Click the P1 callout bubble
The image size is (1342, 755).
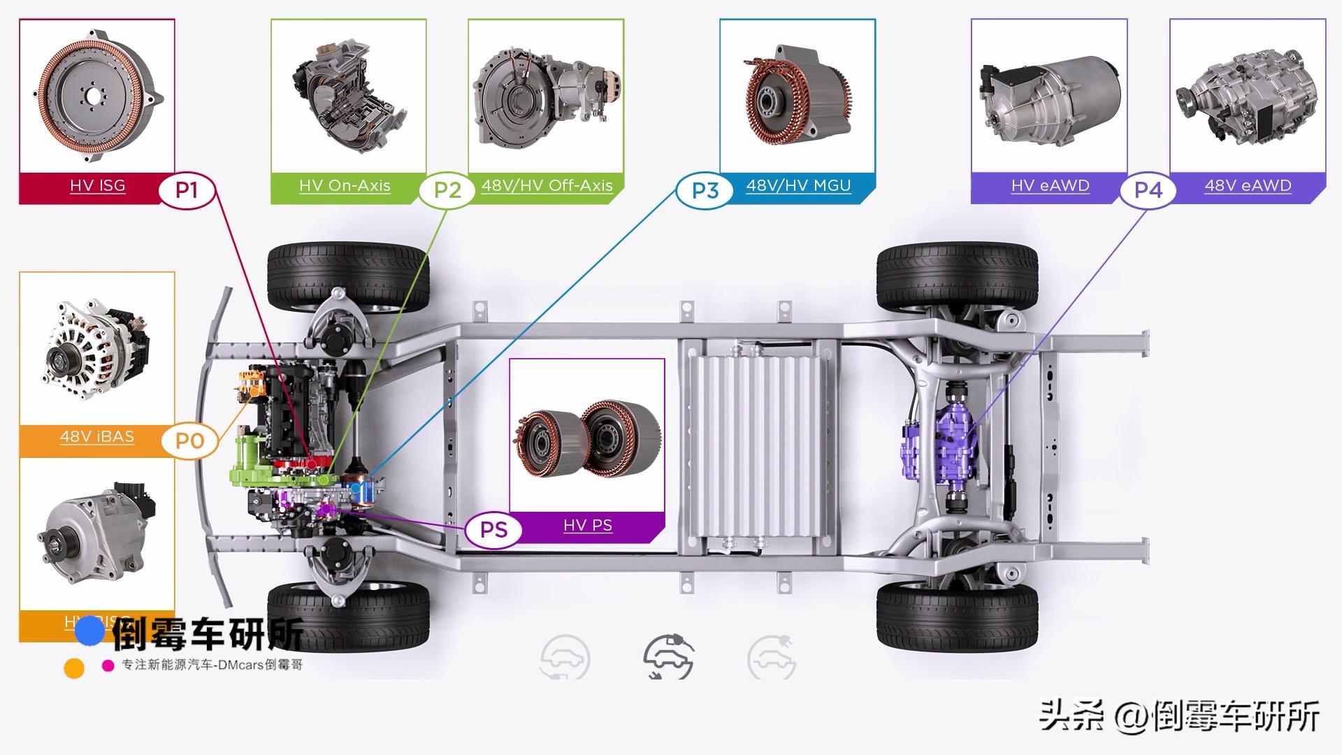click(x=187, y=190)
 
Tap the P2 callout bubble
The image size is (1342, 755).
click(x=447, y=190)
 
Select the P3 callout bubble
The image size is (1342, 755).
click(x=705, y=190)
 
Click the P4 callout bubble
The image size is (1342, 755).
click(x=1148, y=190)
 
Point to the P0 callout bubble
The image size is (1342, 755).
click(x=189, y=441)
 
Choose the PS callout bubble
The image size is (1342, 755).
click(x=493, y=530)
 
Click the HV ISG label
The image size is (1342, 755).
click(x=97, y=186)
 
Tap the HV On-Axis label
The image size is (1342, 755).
click(x=345, y=186)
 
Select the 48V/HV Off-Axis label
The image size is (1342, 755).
click(x=547, y=186)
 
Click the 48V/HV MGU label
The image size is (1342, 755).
click(x=798, y=186)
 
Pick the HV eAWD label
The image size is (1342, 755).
click(x=1050, y=186)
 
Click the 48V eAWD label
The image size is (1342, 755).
click(x=1248, y=186)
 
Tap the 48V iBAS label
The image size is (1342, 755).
click(x=96, y=437)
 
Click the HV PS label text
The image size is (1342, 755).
click(x=587, y=526)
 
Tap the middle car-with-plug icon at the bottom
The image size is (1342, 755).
click(x=669, y=657)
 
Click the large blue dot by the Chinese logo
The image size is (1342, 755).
click(x=89, y=631)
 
